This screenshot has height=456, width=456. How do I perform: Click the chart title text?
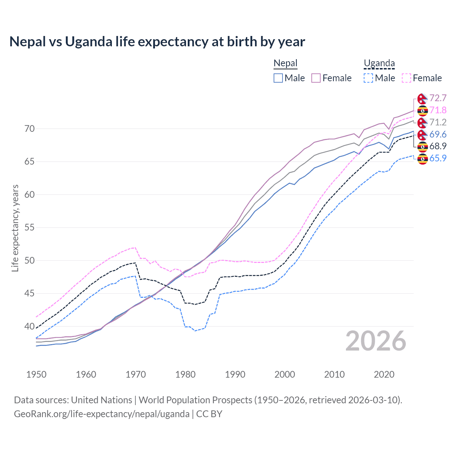157,42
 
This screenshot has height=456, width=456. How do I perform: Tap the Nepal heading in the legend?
285,63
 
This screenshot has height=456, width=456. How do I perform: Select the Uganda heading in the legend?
379,63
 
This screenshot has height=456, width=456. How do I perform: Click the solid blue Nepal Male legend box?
278,78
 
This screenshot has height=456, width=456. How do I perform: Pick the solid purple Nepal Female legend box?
316,78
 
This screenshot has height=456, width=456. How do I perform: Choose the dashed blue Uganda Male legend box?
368,78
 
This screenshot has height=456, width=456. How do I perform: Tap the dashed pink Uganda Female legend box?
406,78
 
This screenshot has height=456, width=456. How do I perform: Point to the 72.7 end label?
438,98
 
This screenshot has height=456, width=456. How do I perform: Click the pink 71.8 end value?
438,110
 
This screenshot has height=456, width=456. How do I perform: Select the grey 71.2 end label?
438,122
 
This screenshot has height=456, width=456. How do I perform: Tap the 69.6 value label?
438,134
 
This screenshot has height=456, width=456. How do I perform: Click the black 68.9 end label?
438,146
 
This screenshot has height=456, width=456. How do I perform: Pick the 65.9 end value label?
438,158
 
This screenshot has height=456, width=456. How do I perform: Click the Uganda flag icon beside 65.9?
423,159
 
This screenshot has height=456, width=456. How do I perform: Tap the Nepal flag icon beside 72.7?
423,99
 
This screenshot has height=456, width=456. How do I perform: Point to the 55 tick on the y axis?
30,227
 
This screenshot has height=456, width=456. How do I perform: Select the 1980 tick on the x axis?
185,374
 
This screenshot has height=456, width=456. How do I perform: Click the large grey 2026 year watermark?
376,341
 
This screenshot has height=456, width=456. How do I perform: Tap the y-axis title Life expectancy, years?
15,228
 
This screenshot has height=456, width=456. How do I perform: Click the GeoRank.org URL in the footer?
102,414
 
